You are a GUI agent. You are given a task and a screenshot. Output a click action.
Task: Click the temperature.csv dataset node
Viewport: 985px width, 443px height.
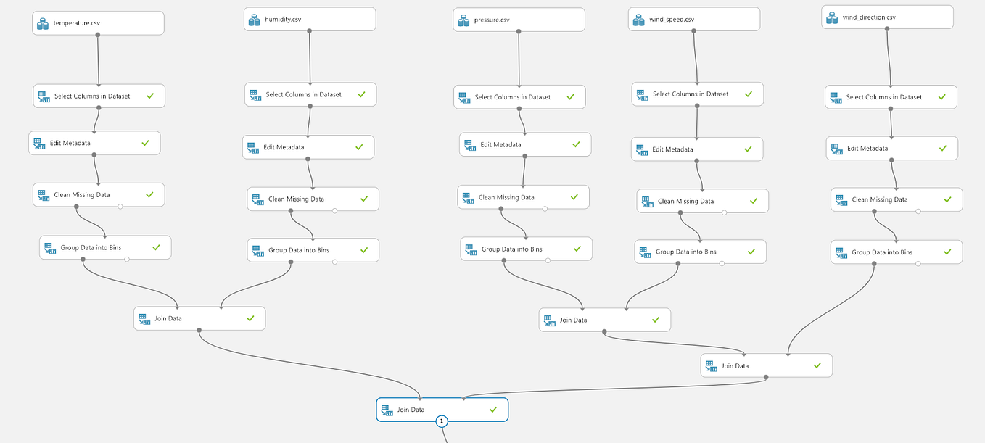[x=98, y=23]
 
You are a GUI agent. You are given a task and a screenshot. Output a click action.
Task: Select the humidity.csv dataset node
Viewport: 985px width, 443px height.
[x=310, y=20]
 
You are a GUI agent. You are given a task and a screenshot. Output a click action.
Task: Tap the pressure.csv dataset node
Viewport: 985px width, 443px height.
[x=519, y=20]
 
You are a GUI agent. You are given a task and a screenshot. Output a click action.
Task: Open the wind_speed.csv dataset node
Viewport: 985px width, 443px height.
[x=694, y=20]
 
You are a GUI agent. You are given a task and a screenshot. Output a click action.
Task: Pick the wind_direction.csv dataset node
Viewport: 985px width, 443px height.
[x=887, y=17]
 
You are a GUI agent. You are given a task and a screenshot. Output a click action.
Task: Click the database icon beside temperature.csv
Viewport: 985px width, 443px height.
[x=43, y=23]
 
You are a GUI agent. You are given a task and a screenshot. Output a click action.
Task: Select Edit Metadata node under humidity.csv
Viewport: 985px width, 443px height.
[x=308, y=147]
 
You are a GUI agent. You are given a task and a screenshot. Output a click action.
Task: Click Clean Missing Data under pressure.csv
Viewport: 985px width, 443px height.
[x=523, y=197]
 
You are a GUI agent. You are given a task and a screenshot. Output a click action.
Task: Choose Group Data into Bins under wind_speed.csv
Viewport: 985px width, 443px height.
[x=700, y=252]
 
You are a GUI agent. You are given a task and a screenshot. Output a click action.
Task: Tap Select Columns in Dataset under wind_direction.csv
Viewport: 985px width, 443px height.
[x=891, y=97]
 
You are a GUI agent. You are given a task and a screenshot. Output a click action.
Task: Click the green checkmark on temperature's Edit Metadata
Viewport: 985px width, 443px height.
[x=145, y=143]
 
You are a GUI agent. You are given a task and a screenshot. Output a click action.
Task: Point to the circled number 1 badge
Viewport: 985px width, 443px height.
[x=442, y=421]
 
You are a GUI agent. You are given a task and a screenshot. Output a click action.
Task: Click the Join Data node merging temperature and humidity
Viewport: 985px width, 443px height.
[x=199, y=318]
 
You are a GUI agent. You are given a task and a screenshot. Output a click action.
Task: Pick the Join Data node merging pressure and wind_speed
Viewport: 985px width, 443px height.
[x=604, y=320]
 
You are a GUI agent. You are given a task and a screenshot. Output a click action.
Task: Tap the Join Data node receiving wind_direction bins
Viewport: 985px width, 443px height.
[x=766, y=366]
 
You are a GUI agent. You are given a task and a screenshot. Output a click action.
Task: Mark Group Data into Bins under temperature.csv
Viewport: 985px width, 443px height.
[x=105, y=247]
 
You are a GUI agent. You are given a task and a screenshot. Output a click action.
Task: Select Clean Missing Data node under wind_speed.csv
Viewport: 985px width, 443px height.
[x=702, y=202]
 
